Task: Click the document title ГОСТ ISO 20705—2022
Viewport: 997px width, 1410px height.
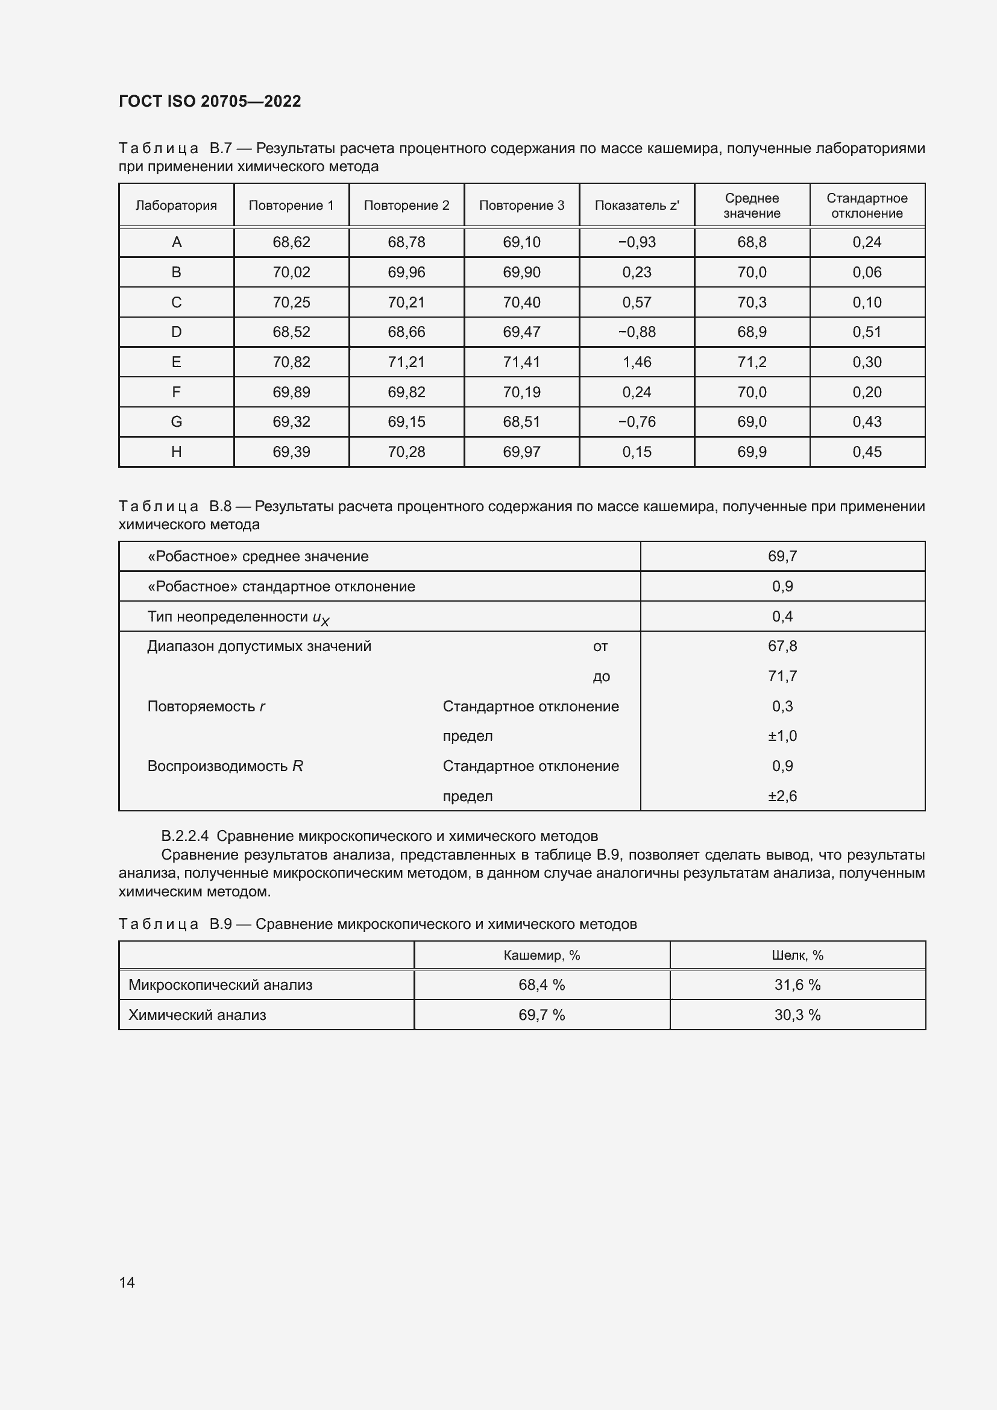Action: tap(209, 101)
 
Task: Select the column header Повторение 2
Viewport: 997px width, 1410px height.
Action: tap(406, 206)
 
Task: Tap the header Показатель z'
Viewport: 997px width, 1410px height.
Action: tap(637, 206)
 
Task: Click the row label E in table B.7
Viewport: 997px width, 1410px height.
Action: tap(176, 362)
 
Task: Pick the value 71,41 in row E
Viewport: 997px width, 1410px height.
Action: tap(521, 362)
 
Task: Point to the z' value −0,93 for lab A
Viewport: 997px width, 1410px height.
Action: tap(637, 242)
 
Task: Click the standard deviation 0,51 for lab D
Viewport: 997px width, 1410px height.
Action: tap(866, 332)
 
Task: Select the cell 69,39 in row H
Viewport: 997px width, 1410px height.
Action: tap(291, 452)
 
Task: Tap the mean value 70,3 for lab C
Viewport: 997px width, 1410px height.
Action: tap(752, 302)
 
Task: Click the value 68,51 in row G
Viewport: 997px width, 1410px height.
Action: tap(521, 422)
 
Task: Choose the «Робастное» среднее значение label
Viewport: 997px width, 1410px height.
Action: tap(258, 556)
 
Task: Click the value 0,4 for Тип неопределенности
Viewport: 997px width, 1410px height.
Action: tap(782, 617)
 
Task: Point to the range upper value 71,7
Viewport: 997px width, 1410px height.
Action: tap(782, 676)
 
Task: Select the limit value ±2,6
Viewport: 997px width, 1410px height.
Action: tap(782, 796)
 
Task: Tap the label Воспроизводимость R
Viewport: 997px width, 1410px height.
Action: tap(225, 766)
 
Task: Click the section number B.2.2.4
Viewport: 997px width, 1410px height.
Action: tap(185, 836)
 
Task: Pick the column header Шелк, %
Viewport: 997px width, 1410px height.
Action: tap(797, 955)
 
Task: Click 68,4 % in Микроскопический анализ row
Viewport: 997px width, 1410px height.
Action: tap(541, 985)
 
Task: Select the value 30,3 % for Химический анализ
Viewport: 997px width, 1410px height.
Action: tap(797, 1015)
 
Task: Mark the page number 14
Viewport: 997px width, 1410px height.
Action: tap(127, 1282)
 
